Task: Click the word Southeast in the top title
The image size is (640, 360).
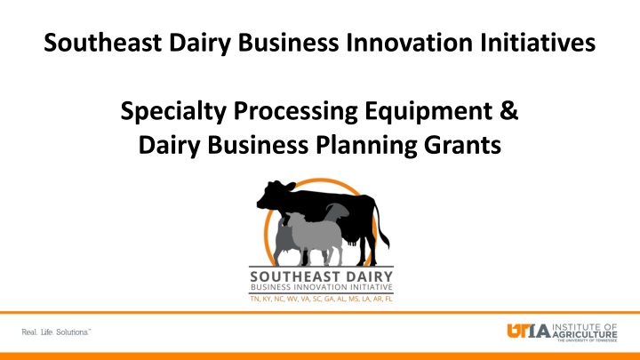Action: pyautogui.click(x=102, y=43)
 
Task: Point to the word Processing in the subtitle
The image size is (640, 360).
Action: pyautogui.click(x=295, y=112)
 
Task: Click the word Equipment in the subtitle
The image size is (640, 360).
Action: pyautogui.click(x=428, y=112)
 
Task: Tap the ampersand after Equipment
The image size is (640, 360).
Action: pyautogui.click(x=509, y=110)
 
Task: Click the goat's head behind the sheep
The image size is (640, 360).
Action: pyautogui.click(x=338, y=211)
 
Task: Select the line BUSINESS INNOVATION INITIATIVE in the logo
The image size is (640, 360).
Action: pyautogui.click(x=321, y=287)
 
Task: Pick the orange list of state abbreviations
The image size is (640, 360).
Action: pyautogui.click(x=321, y=299)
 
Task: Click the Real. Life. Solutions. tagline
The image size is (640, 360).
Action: pyautogui.click(x=56, y=332)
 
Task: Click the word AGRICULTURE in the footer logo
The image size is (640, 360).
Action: pyautogui.click(x=585, y=334)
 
